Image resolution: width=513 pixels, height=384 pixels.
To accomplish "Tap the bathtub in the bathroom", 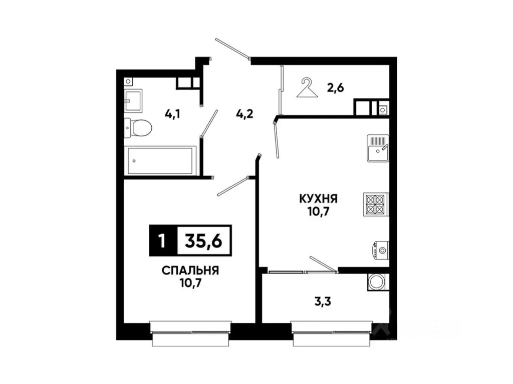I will coord(160,160).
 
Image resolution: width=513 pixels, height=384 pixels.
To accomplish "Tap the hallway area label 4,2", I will coord(244,113).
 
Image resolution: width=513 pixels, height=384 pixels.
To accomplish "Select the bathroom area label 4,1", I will coord(172,113).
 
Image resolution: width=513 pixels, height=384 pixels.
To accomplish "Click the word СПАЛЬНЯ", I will coord(190,270).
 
